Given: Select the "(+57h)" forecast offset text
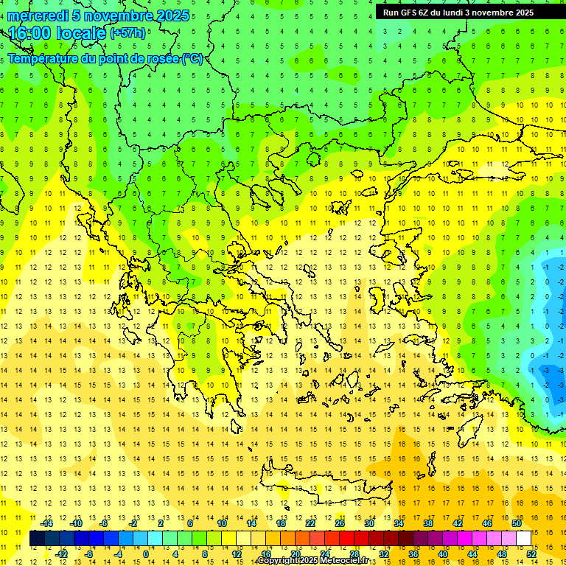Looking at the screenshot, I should (127, 33).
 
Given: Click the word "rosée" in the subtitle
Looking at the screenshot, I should (158, 58).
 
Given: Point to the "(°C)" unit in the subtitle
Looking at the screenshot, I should (192, 58).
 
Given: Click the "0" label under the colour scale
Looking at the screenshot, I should (145, 554).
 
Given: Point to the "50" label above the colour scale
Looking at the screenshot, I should (516, 523).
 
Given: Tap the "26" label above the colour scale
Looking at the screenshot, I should (339, 523).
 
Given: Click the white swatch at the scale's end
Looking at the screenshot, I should (523, 539).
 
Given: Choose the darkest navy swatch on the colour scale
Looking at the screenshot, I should (37, 539).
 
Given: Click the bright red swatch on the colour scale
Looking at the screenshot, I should (346, 539).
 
